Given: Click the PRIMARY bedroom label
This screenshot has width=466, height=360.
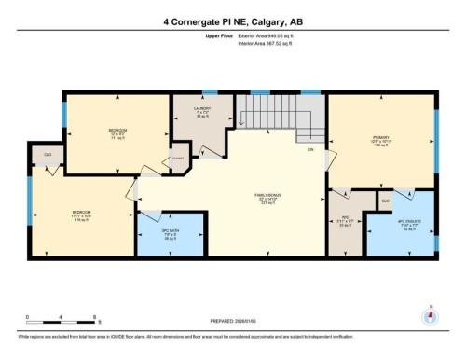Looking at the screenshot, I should click(x=378, y=139).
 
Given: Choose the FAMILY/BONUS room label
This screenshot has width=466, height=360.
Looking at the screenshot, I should click(x=268, y=198).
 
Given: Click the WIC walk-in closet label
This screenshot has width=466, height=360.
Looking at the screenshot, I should click(x=344, y=220).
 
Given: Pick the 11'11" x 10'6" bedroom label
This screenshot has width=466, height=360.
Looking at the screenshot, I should click(x=81, y=215).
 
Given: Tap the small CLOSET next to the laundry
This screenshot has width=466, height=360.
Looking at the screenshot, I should click(x=176, y=159).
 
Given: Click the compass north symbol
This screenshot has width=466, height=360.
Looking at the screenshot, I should click(x=430, y=315).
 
